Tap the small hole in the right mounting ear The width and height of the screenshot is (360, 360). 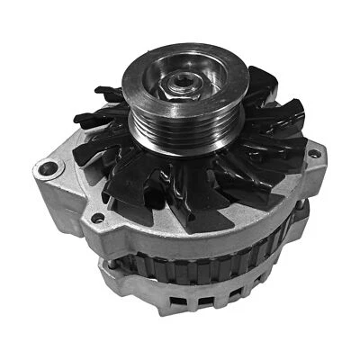click(313, 154)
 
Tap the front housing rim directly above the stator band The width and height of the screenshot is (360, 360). click(180, 241)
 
